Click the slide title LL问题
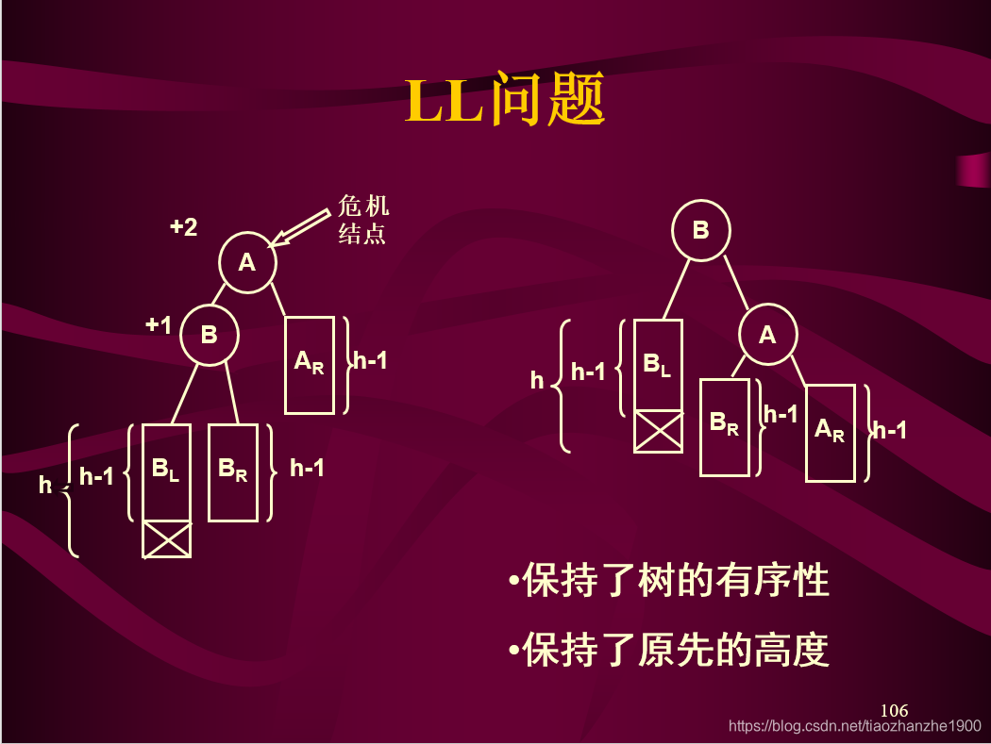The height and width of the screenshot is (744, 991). pos(505,101)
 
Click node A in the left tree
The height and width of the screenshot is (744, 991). pos(247,263)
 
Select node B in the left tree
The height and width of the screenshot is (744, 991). pos(210,335)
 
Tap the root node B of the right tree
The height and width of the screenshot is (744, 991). pos(700,230)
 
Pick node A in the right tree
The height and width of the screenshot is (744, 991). pos(767,335)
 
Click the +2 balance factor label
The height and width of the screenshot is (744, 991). pos(183,227)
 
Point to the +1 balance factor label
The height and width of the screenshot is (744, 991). pos(159,325)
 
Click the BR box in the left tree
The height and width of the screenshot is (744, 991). pos(233,472)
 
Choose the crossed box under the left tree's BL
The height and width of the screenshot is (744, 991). pos(167,539)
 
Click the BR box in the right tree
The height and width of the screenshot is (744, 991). pos(725,427)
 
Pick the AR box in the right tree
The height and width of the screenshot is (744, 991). pos(831,433)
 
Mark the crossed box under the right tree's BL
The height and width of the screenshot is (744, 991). pos(658,432)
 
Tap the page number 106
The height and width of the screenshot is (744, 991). pos(893,710)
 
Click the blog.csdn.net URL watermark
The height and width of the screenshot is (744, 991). pos(856,726)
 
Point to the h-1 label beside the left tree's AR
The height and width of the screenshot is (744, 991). pos(370,360)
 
